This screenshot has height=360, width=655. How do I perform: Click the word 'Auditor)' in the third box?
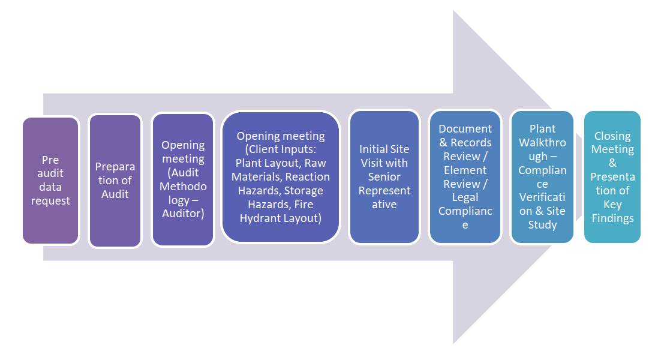point(183,214)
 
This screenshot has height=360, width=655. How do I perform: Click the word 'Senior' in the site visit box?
point(384,177)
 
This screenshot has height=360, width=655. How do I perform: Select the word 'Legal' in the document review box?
point(465,197)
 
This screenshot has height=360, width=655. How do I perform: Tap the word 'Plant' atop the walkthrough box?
point(542,129)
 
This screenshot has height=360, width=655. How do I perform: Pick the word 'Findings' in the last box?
point(612,218)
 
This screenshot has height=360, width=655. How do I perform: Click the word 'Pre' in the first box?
point(50,160)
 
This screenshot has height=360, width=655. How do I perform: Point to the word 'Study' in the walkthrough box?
point(542,225)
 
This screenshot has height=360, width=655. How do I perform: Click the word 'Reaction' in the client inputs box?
point(307,177)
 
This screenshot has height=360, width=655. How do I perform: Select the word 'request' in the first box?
point(50,201)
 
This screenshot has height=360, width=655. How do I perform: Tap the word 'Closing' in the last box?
point(612,136)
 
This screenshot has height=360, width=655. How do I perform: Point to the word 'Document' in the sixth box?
point(465,129)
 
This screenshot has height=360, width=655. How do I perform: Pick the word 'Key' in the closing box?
point(612,205)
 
